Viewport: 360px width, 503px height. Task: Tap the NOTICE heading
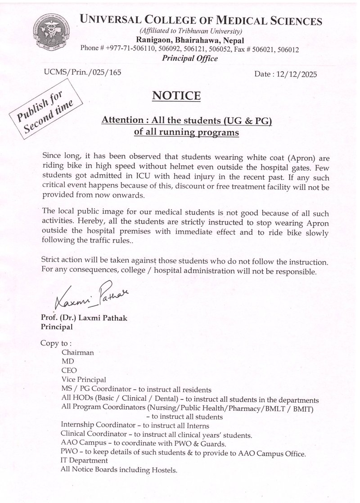pos(176,96)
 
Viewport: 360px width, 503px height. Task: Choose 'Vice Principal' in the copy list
pos(84,379)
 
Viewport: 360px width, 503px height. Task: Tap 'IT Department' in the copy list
pos(84,461)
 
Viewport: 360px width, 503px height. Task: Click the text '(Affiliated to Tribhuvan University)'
pos(191,31)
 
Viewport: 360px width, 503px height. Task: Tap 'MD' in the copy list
pos(67,361)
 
